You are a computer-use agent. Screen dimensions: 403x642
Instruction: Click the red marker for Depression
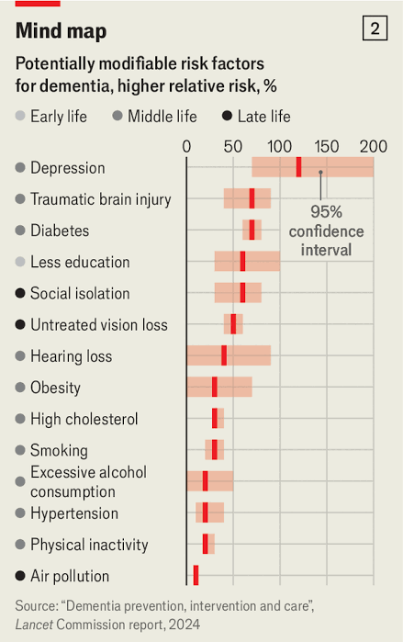(298, 167)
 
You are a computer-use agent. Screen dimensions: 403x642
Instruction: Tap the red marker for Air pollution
(196, 575)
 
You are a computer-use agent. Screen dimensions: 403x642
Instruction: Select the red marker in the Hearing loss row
(224, 355)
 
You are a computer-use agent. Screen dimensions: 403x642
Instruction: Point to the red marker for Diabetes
(252, 230)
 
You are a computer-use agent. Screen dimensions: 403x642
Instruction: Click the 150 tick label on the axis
(327, 147)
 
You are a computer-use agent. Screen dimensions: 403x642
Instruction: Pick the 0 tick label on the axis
(186, 147)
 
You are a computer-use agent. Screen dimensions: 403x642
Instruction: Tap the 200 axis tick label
(374, 147)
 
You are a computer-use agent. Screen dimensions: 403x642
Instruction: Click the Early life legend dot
(20, 116)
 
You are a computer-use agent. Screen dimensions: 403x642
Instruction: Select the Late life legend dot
(227, 116)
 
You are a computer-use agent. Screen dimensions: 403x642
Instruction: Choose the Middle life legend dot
(118, 116)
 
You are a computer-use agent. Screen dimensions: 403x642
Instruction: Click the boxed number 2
(375, 28)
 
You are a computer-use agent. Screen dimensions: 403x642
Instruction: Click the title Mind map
(61, 30)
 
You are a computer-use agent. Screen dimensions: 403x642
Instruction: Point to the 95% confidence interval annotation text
(326, 231)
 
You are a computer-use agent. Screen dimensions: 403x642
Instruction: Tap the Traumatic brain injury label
(101, 199)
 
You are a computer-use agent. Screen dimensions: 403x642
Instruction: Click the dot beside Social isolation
(20, 293)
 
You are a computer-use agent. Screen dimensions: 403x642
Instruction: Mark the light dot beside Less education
(20, 262)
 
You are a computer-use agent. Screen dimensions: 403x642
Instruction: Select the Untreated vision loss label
(99, 325)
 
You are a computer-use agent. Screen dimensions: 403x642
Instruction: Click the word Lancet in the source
(34, 625)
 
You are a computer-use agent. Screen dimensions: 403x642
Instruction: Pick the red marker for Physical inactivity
(206, 544)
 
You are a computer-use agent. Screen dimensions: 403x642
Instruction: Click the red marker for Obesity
(215, 387)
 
